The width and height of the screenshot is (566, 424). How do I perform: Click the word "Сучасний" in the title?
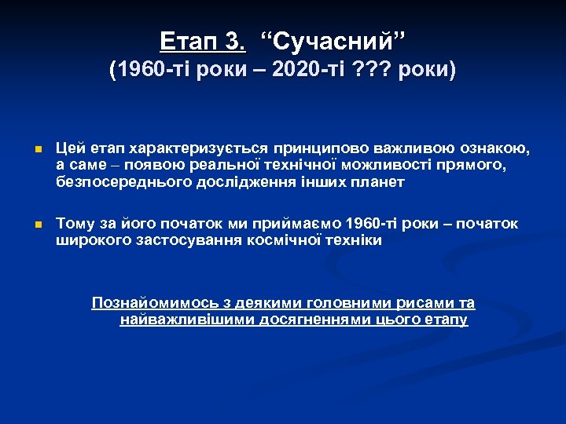point(334,40)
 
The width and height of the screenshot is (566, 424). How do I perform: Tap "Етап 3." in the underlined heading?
point(202,40)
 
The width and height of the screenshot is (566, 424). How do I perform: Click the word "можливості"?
point(391,166)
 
